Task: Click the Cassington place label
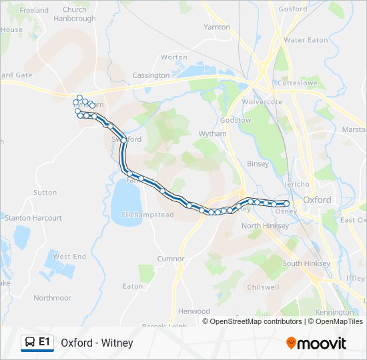pos(151,75)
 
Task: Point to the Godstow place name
pos(236,120)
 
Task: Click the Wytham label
pos(212,134)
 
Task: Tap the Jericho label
pos(296,184)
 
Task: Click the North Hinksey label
pos(265,226)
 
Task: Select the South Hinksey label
pos(306,263)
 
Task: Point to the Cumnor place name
pos(170,259)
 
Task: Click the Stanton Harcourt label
pos(33,218)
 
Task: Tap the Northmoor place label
pos(52,298)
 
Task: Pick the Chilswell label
pos(263,287)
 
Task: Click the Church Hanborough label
pos(74,14)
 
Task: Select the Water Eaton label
pos(306,40)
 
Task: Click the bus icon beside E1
pos(30,343)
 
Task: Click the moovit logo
pos(316,343)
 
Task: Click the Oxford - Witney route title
pos(97,343)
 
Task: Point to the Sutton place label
pos(45,193)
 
